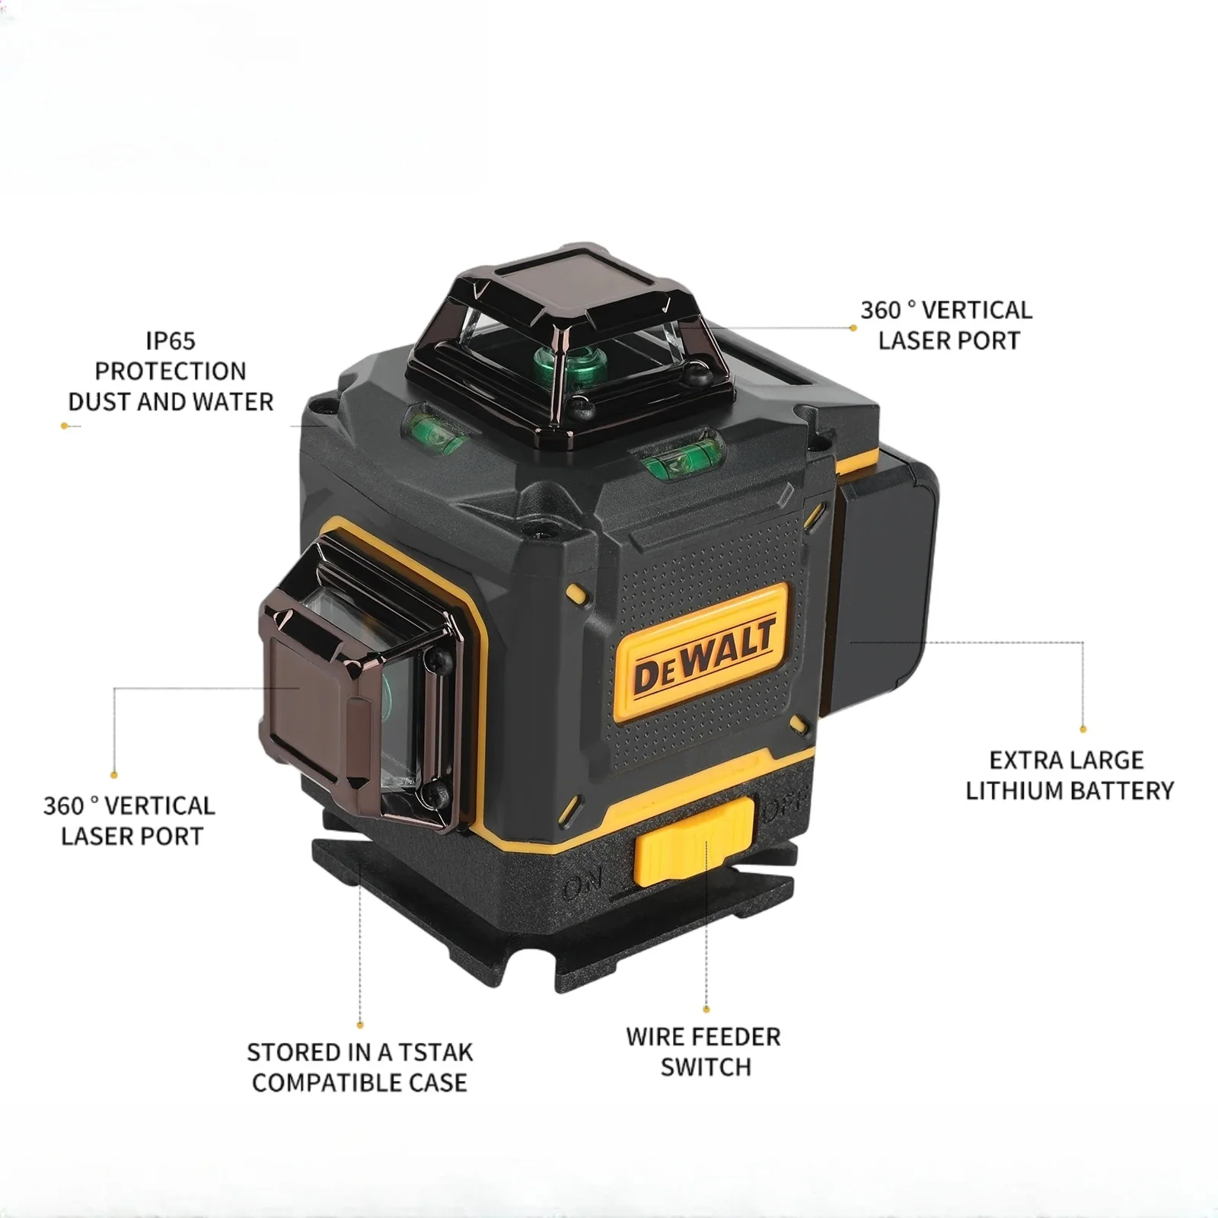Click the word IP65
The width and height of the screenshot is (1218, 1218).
point(171,340)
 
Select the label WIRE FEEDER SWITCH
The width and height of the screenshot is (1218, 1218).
point(703,1051)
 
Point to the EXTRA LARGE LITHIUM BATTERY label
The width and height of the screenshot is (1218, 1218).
point(1069,775)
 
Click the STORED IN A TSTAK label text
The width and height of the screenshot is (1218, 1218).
point(359,1067)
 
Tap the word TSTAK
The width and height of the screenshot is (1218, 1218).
point(436,1052)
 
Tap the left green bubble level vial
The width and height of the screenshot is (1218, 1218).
point(436,430)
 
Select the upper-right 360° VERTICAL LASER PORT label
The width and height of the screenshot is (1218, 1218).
point(947,325)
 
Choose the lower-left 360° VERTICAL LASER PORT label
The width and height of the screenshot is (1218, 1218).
point(129,821)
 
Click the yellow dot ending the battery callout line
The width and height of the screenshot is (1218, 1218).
point(1082,729)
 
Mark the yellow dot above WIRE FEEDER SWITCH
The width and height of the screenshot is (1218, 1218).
point(706,1009)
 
